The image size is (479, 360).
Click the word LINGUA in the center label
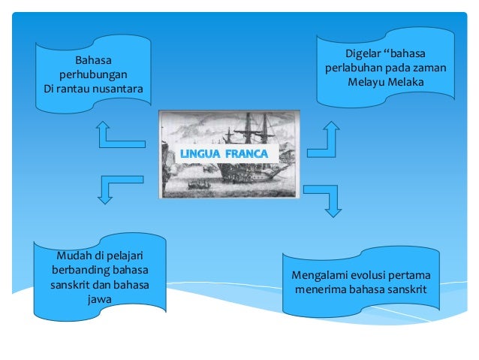point(201,155)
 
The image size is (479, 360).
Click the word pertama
point(419,275)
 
